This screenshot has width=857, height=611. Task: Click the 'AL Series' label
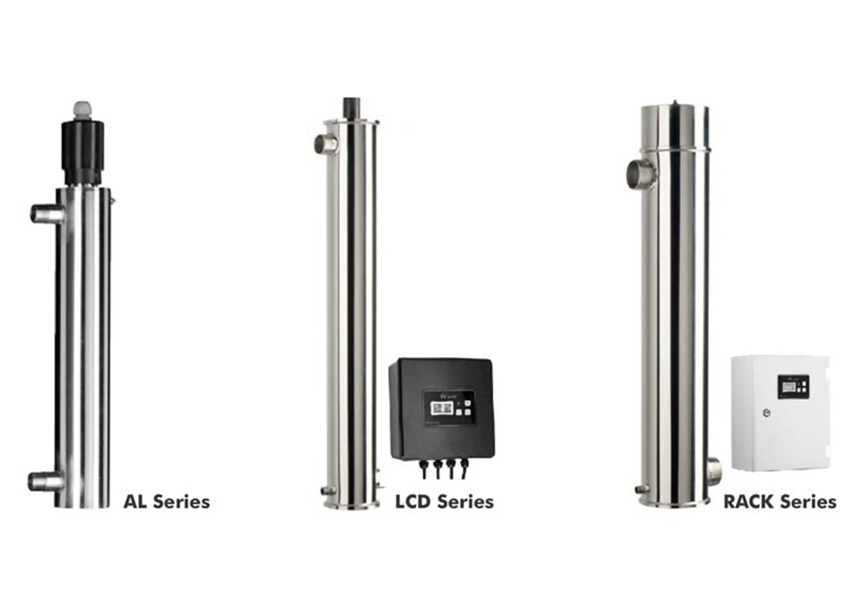point(167,500)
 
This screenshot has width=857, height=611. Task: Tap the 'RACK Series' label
point(780,500)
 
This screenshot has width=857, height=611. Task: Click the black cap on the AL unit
point(83,151)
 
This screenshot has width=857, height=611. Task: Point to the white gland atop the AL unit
point(82,110)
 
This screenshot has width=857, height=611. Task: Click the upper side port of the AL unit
point(46,214)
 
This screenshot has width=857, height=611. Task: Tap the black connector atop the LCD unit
point(351,108)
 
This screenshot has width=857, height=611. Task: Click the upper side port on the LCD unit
point(326,143)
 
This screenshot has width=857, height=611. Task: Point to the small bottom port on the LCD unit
point(327,491)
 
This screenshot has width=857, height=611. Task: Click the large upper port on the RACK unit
point(640,175)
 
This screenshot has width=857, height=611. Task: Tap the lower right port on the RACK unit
point(713,471)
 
